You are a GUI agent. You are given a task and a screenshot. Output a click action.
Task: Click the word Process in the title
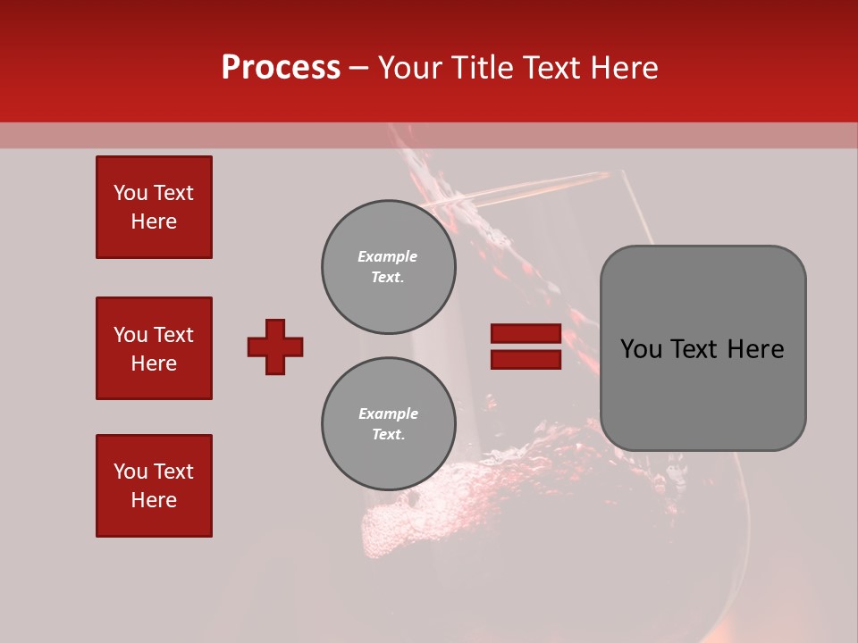[x=281, y=68]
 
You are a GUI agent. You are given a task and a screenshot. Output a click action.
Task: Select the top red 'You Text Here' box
[x=154, y=207]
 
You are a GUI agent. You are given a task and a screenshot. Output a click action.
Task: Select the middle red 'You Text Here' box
[x=154, y=348]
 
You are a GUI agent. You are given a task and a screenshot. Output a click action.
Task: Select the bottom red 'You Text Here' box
[x=154, y=486]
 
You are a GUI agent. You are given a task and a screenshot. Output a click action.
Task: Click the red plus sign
[x=275, y=347]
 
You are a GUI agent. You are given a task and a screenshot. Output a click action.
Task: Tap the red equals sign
[x=526, y=347]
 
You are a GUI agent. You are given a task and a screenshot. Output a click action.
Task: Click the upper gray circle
[x=389, y=267]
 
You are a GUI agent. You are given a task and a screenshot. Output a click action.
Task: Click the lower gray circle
[x=389, y=424]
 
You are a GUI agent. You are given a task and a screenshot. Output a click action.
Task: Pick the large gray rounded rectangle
[x=702, y=348]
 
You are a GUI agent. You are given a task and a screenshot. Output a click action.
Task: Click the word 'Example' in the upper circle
[x=388, y=256]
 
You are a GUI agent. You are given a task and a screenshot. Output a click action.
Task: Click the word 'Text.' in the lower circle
[x=388, y=435]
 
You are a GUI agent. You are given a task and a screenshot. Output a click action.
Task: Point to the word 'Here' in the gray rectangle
[x=755, y=349]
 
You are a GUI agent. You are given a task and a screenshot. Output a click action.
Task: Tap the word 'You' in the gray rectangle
[x=642, y=349]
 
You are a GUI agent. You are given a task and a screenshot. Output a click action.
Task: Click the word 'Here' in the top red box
[x=154, y=221]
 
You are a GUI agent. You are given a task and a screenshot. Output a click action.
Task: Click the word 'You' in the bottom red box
[x=130, y=472]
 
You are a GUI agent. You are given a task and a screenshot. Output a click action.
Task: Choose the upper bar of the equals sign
[x=526, y=334]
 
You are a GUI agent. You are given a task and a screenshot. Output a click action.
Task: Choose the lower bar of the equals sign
[x=526, y=360]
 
